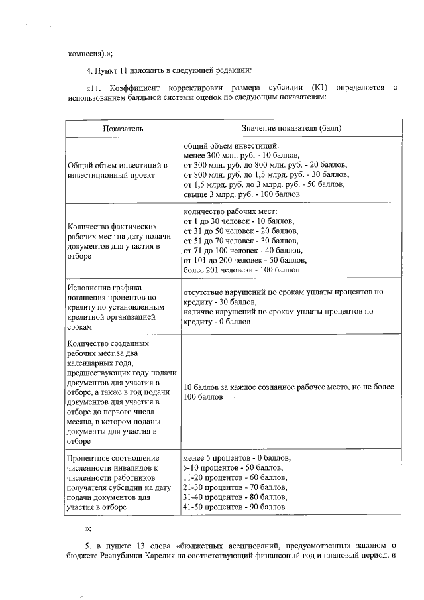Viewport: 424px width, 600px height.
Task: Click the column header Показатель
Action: [x=123, y=128]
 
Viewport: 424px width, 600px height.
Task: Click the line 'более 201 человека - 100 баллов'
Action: [x=242, y=270]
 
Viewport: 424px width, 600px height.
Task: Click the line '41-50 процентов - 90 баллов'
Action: [x=235, y=507]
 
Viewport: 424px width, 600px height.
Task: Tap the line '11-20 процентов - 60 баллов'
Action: [x=235, y=478]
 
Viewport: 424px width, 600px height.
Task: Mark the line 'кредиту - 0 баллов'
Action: [x=217, y=321]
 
